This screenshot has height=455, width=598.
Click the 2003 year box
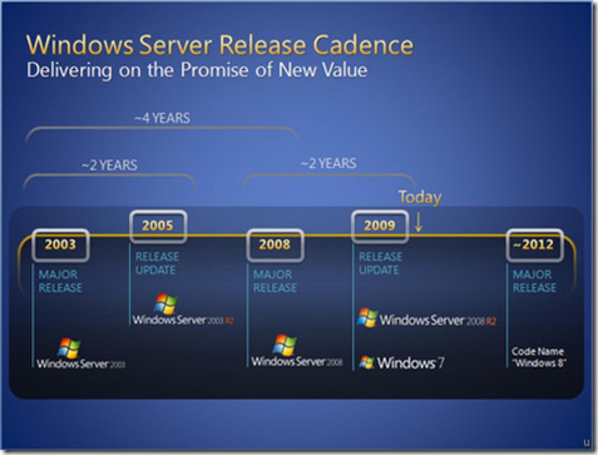tap(60, 245)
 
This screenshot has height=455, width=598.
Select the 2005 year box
tap(157, 226)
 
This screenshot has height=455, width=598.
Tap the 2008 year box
tap(275, 245)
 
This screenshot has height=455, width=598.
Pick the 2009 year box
tap(380, 226)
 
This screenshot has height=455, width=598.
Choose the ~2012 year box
tap(535, 245)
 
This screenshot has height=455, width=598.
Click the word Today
tap(420, 197)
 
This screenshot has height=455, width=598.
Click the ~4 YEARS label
tap(162, 119)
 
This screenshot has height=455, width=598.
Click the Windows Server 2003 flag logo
tap(69, 348)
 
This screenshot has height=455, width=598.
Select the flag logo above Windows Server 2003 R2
tap(165, 303)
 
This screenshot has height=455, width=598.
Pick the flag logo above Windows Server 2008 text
tap(285, 344)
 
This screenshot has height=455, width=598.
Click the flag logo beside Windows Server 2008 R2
tap(367, 317)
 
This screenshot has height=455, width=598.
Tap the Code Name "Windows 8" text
tap(538, 357)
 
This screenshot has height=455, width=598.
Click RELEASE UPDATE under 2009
tap(380, 263)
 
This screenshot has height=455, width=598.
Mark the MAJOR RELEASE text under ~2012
tap(534, 281)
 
